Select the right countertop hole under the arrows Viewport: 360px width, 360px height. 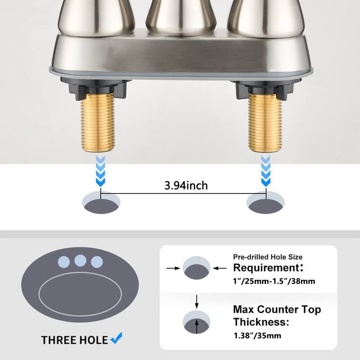point(266,202)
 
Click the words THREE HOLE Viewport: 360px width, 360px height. point(75,340)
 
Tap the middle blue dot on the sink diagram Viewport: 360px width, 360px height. point(80,261)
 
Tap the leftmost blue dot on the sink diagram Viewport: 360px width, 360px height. point(64,261)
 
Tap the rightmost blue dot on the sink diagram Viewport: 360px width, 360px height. point(96,261)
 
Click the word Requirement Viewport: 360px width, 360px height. point(266,268)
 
